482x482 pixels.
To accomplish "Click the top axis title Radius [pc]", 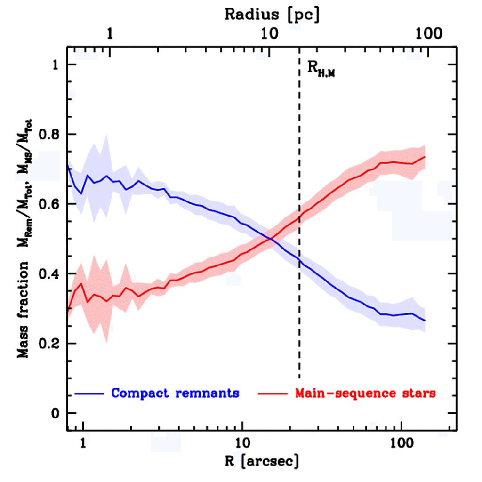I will tap(272, 15).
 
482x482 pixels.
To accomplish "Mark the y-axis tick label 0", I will tap(55, 413).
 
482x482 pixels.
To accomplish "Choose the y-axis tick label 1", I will tap(56, 65).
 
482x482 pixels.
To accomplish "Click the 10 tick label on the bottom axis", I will tap(242, 444).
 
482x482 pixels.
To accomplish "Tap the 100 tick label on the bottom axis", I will tap(401, 444).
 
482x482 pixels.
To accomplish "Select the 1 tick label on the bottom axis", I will tap(83, 444).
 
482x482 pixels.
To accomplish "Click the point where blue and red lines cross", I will tap(271, 239).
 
